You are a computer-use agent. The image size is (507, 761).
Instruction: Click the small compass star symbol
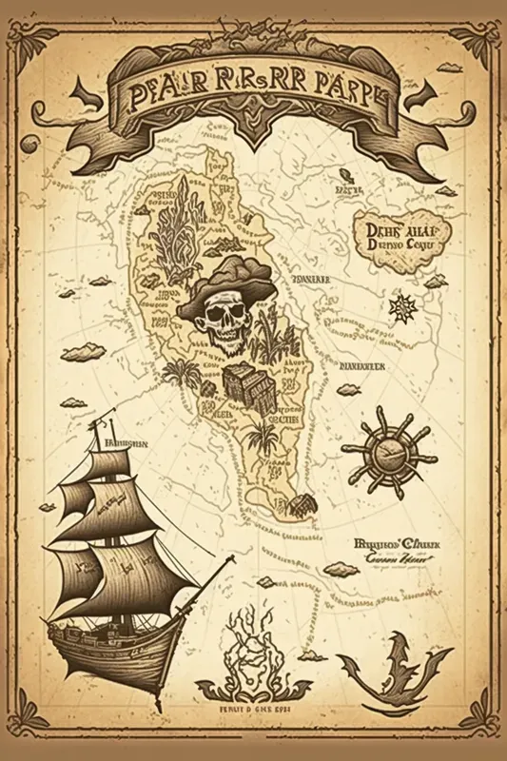(402, 308)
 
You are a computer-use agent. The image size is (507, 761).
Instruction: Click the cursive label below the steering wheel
(394, 554)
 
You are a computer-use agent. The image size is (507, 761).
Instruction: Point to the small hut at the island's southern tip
(302, 504)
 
